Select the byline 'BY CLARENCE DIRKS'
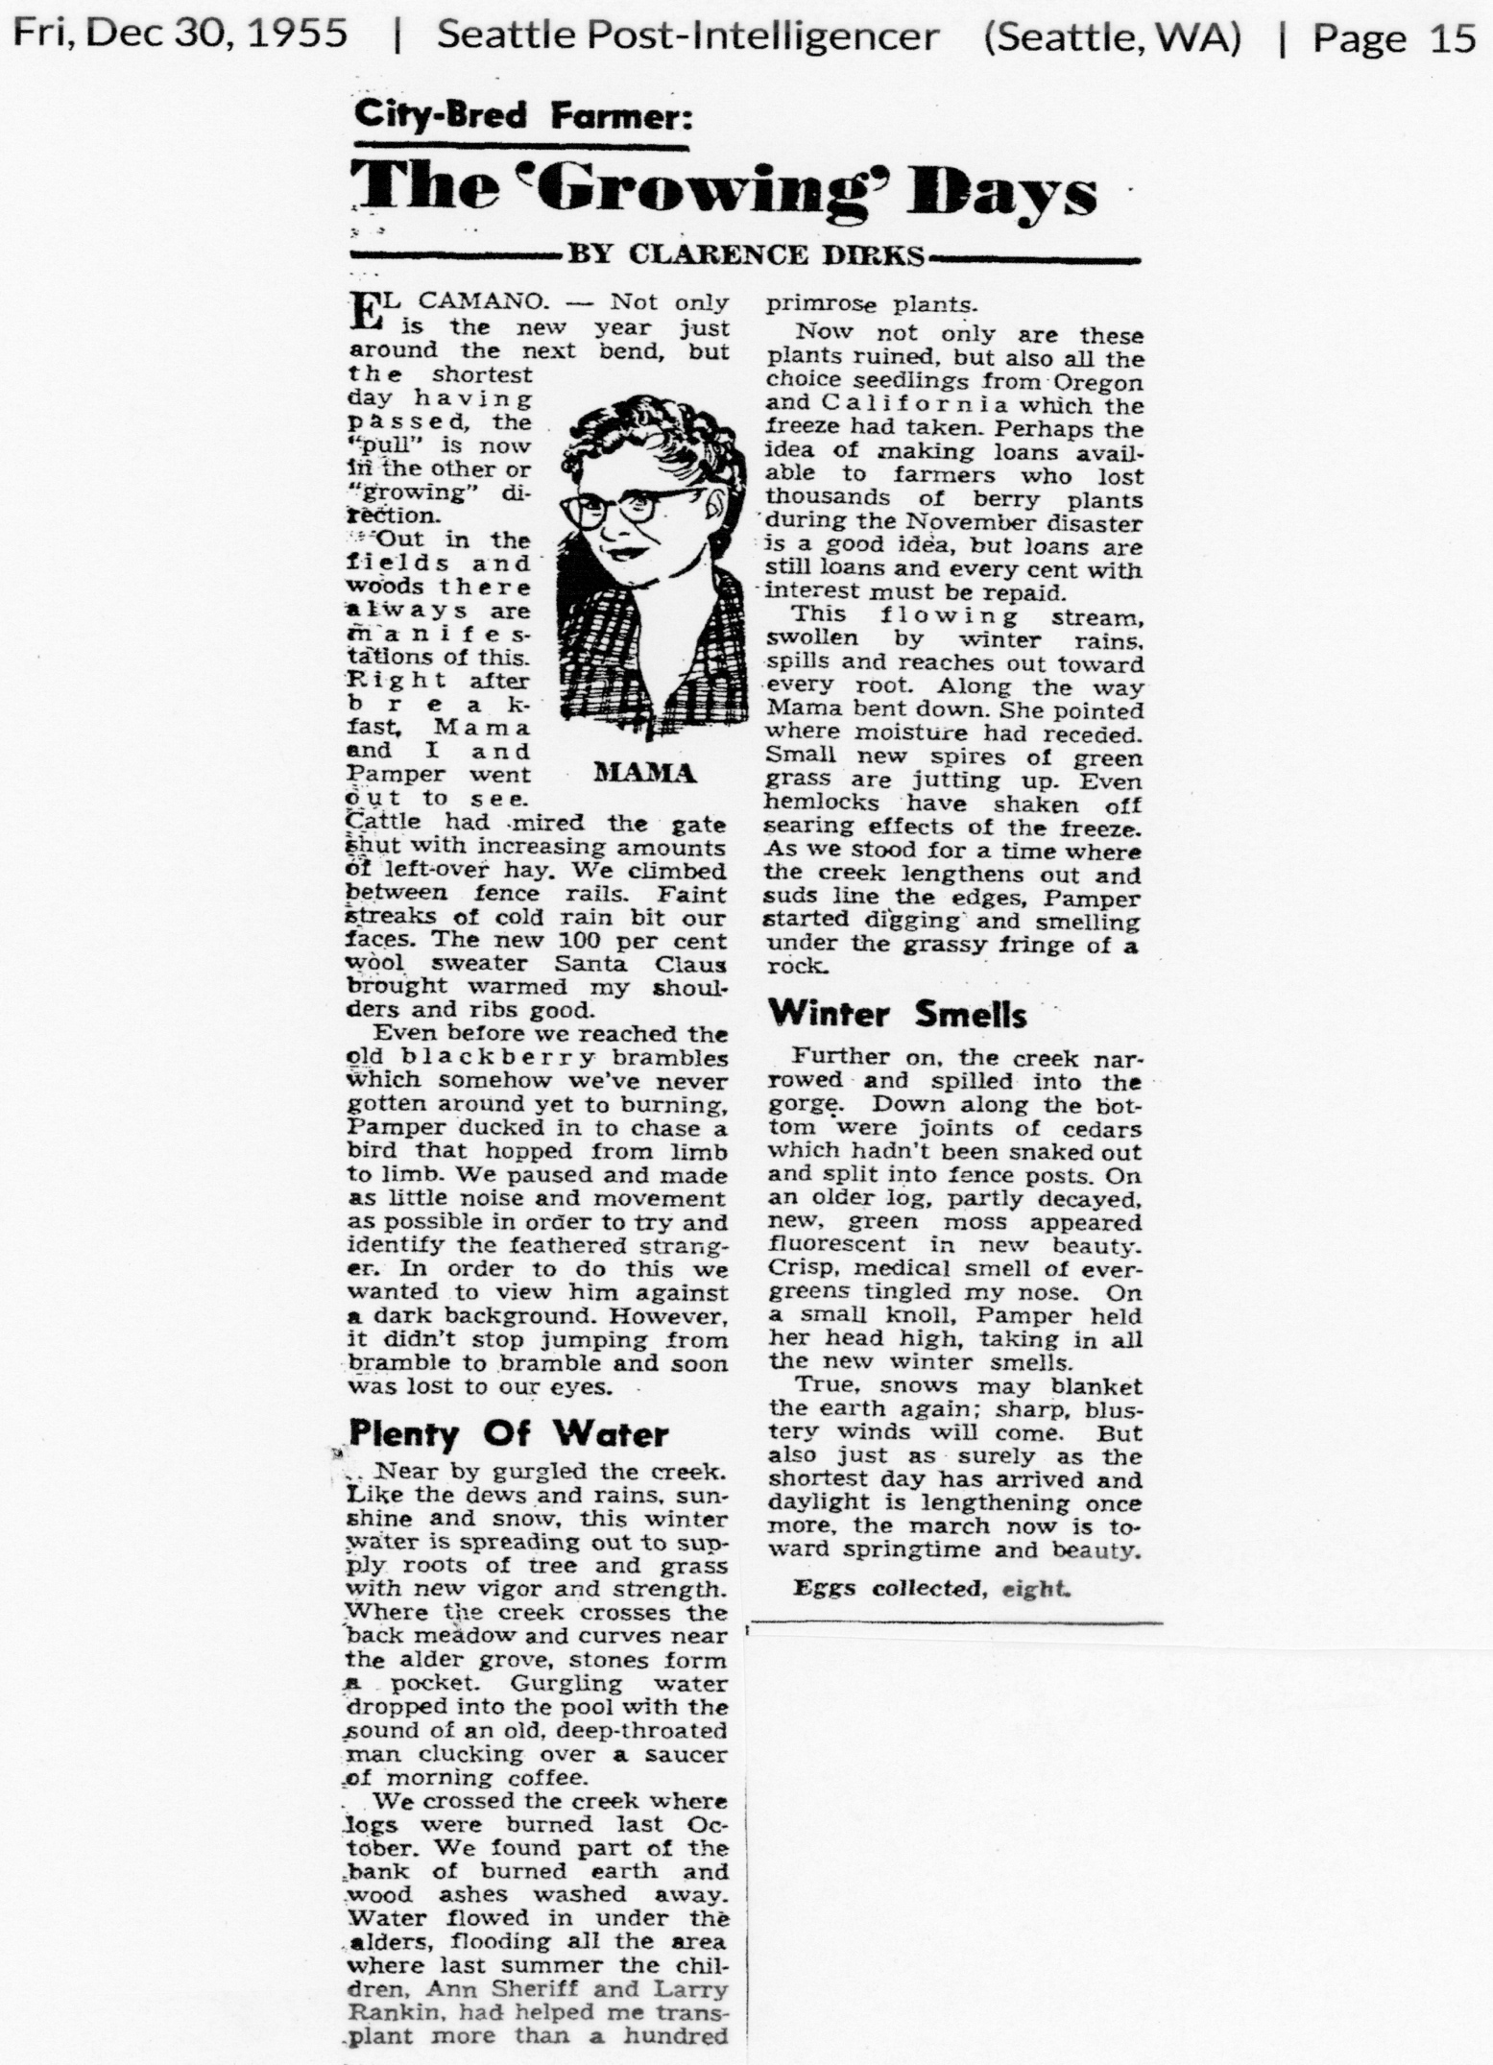[x=746, y=254]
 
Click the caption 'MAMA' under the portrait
[x=644, y=773]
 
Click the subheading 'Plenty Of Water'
[x=507, y=1434]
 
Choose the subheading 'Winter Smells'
[x=898, y=1014]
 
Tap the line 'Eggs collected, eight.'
[x=931, y=1588]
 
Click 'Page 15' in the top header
[x=1394, y=37]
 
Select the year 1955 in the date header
[x=301, y=36]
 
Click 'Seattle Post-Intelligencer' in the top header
[x=687, y=37]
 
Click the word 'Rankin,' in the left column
[x=390, y=2011]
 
